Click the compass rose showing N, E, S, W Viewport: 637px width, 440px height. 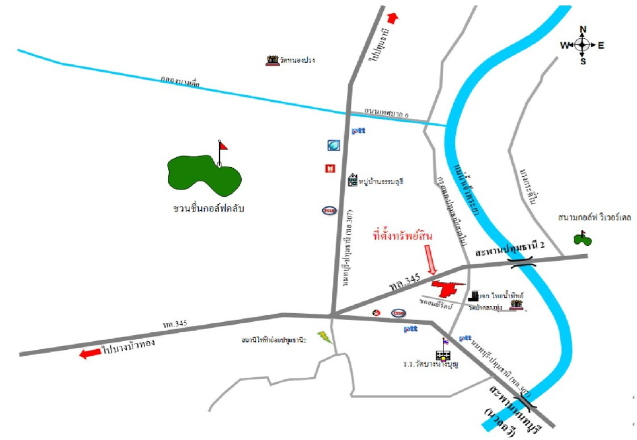(582, 45)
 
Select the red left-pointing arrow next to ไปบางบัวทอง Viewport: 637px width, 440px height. (90, 352)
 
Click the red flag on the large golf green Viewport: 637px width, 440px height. (223, 144)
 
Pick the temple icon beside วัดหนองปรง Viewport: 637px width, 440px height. (272, 60)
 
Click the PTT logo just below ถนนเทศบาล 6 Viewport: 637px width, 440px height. (358, 130)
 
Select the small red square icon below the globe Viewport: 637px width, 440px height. (330, 169)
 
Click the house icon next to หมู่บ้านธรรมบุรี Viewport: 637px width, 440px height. (352, 180)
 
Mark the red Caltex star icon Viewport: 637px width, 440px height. (377, 313)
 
